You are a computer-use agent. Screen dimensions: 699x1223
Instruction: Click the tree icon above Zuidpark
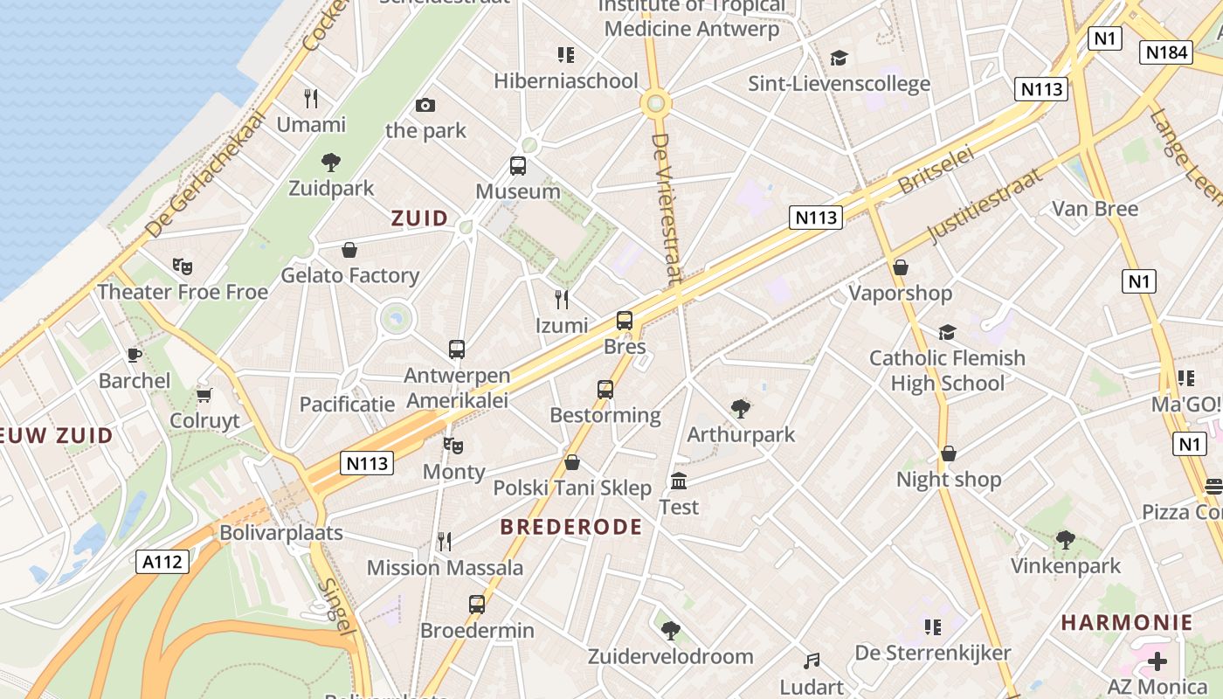(331, 162)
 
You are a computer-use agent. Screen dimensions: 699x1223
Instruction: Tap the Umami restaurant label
(311, 124)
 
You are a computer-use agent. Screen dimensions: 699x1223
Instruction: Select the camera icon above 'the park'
(425, 106)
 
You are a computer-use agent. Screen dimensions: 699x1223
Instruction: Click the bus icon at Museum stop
(518, 165)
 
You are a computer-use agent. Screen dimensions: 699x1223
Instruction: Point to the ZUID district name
(419, 218)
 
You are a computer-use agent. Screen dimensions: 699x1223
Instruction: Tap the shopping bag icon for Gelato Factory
(349, 251)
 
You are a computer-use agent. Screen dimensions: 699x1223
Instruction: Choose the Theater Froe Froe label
(183, 292)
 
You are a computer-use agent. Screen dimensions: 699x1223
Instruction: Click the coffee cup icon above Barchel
(134, 355)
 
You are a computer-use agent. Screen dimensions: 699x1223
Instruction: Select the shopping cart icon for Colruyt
(204, 395)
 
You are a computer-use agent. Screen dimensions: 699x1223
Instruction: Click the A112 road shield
(163, 562)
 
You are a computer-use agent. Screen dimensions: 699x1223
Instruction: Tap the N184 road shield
(1166, 52)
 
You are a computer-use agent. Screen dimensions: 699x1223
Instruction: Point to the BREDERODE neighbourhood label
(571, 527)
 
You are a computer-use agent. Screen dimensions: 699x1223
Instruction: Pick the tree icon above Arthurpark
(741, 408)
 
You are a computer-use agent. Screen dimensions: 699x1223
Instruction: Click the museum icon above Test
(679, 481)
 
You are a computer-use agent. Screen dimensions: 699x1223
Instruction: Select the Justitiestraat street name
(985, 206)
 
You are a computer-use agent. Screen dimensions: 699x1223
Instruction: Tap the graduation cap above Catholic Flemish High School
(947, 332)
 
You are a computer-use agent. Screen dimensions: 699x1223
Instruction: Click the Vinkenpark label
(1065, 566)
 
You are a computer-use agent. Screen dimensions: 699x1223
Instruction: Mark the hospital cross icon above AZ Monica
(1157, 661)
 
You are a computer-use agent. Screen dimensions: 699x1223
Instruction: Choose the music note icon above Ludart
(812, 661)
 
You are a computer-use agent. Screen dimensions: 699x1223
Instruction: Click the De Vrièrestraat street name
(666, 209)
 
